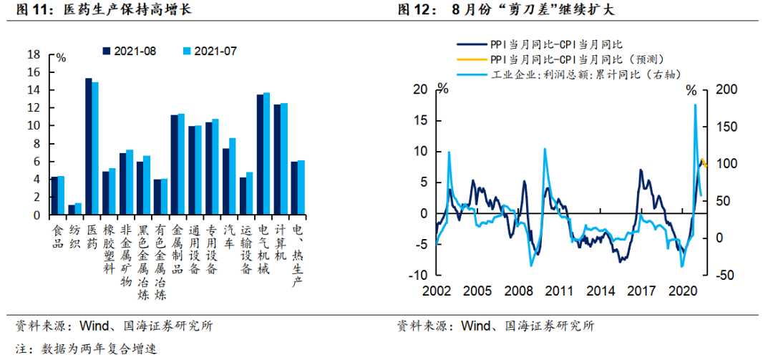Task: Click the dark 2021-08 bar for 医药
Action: [89, 147]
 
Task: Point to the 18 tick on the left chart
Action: [34, 54]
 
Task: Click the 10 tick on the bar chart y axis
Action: [34, 126]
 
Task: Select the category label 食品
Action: [58, 236]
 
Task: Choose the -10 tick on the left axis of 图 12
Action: [419, 276]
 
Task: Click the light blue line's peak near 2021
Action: [695, 105]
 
